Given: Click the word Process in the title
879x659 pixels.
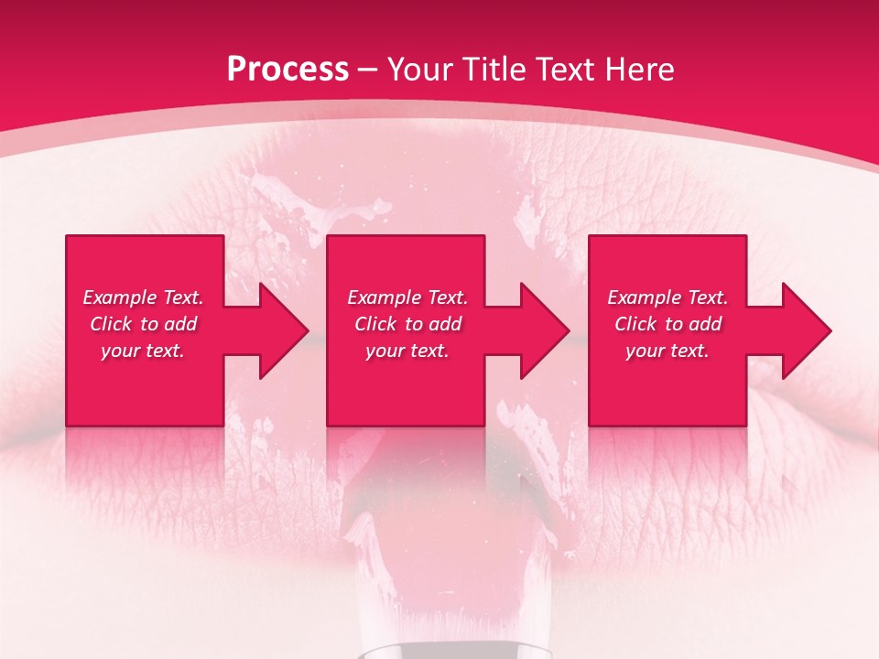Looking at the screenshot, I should click(x=288, y=70).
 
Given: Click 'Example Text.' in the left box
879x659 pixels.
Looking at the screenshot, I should click(x=143, y=297).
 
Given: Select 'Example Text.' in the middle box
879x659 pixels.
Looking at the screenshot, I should click(x=407, y=297).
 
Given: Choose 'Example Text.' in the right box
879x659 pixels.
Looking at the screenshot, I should click(x=667, y=297).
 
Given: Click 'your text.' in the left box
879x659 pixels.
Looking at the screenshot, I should click(x=143, y=351).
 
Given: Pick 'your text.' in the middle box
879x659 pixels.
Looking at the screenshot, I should click(x=407, y=351).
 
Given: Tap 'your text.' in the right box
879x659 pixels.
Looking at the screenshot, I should click(x=667, y=351).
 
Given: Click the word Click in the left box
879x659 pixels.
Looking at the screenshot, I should click(x=111, y=324).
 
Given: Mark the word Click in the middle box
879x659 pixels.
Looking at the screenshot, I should click(x=375, y=324).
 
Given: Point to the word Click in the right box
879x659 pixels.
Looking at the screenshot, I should click(x=635, y=324).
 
